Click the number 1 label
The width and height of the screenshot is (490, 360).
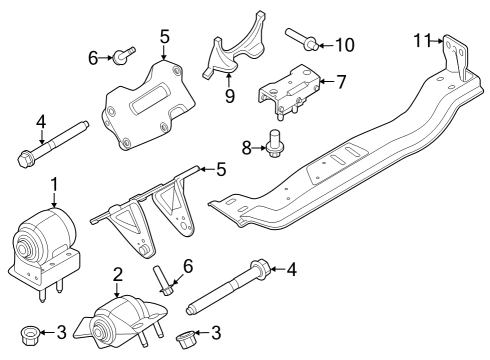(x=55, y=184)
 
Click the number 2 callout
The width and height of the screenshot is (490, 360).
(x=117, y=274)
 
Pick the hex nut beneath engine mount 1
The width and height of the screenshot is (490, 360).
(x=31, y=333)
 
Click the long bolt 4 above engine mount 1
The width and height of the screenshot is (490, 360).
(x=51, y=140)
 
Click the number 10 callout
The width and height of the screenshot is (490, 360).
(x=344, y=44)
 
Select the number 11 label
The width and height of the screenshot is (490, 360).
(x=422, y=39)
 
